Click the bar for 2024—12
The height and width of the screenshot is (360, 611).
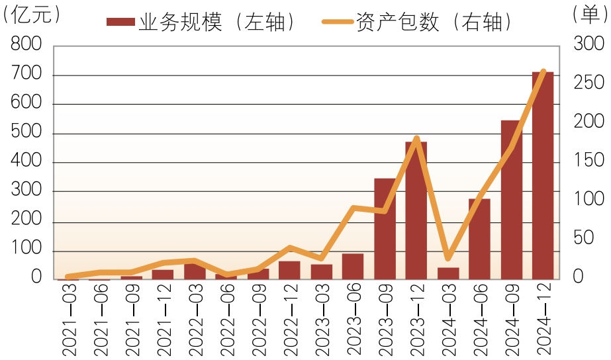(543, 175)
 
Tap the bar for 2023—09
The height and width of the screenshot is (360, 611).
(385, 229)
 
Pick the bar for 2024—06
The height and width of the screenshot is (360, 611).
(479, 239)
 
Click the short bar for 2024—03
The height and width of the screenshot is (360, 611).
(448, 273)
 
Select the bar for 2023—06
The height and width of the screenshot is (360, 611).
(353, 266)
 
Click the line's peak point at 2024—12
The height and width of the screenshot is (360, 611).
(543, 71)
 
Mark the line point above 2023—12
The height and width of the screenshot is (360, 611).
(416, 138)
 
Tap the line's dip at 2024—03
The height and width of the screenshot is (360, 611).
(448, 257)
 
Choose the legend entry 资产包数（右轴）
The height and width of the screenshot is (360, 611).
(418, 22)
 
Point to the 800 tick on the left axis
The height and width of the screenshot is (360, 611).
(26, 45)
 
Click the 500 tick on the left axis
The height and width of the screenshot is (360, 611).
(26, 133)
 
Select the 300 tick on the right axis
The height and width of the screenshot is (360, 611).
(588, 44)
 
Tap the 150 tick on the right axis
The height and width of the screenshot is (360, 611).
(588, 160)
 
